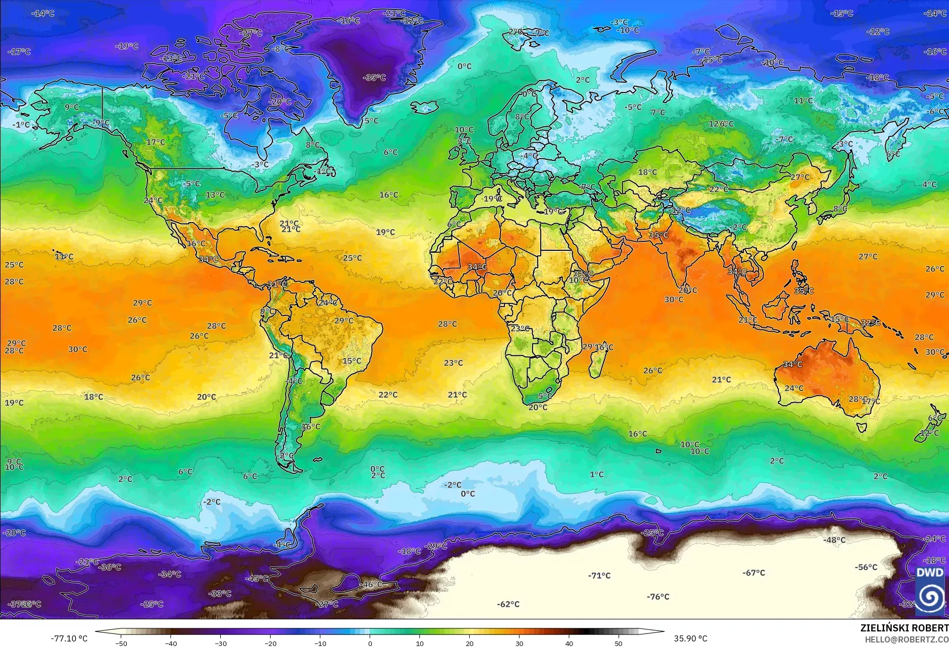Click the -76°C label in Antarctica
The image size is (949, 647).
(658, 597)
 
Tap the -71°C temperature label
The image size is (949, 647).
(599, 576)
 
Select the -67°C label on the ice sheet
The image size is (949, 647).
(753, 573)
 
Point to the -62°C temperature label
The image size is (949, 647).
(508, 604)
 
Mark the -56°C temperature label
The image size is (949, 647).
(866, 567)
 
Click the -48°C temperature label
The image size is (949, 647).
(834, 540)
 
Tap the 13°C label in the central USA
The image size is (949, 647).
(215, 195)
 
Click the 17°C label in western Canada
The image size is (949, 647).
(155, 142)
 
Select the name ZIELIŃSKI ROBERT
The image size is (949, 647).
(904, 628)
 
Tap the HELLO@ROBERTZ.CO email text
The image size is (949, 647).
(906, 639)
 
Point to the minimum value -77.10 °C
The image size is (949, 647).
(69, 638)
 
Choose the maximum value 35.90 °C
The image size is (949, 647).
(690, 638)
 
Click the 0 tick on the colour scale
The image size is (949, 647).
(370, 643)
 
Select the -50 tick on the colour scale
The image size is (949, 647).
(121, 643)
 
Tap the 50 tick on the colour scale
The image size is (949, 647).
(619, 643)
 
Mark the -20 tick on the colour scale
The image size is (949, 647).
(271, 643)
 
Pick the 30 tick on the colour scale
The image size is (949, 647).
(520, 643)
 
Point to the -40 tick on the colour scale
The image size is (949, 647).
(171, 643)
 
